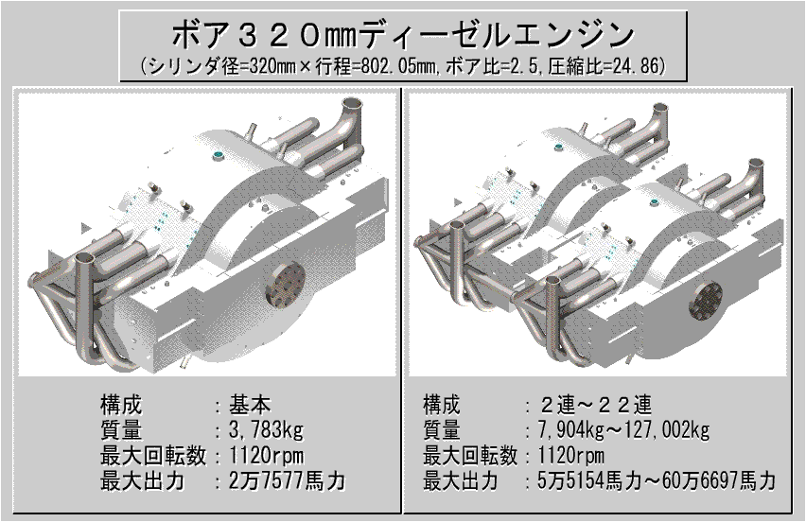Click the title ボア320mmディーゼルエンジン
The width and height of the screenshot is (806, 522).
(x=402, y=37)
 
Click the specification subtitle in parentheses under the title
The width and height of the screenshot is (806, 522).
(x=402, y=67)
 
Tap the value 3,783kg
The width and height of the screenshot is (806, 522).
(x=266, y=433)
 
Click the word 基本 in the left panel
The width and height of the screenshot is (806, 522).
(x=251, y=409)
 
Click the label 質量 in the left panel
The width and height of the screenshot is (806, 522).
(x=119, y=433)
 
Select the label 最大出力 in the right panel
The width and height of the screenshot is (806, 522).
(x=460, y=481)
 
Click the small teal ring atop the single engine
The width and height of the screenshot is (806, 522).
(x=219, y=153)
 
